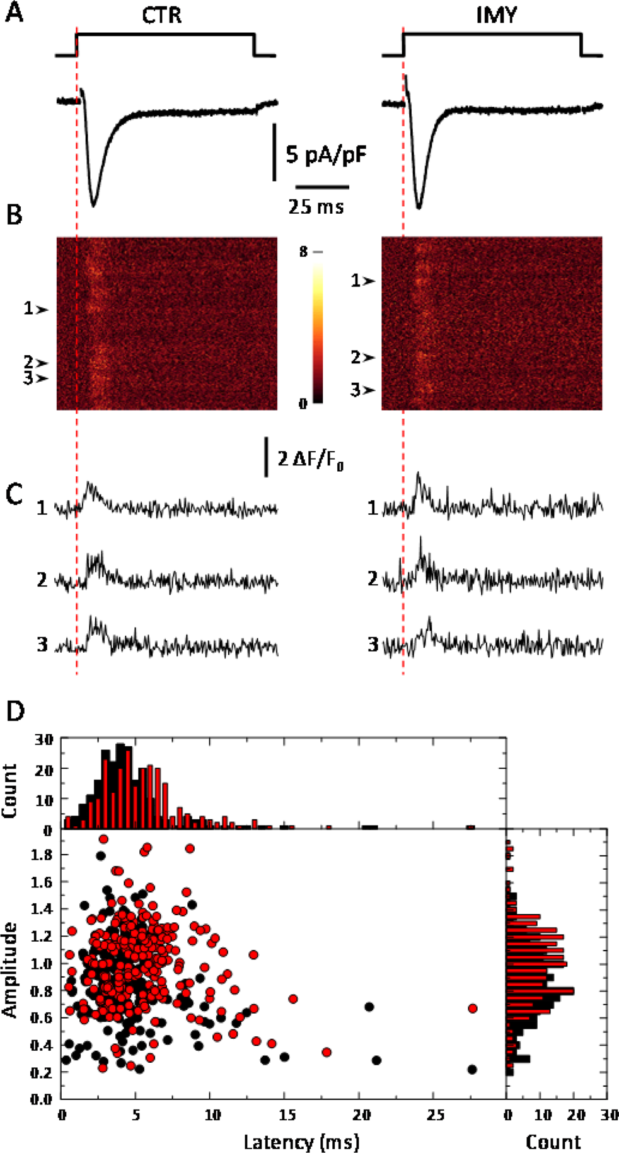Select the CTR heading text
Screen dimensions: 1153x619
[161, 15]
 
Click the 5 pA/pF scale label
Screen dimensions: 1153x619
[326, 154]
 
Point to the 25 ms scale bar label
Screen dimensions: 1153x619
[316, 206]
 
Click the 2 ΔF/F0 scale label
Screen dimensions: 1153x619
[311, 459]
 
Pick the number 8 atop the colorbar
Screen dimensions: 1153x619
[304, 252]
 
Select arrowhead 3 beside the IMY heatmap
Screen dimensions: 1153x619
[370, 390]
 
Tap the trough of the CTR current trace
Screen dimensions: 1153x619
[94, 204]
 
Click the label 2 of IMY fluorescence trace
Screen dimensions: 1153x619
[373, 578]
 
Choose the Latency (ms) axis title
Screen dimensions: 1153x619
[301, 1140]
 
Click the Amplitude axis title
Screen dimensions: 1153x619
[10, 969]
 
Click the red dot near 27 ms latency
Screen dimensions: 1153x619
[473, 1009]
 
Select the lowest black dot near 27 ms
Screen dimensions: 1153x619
[472, 1069]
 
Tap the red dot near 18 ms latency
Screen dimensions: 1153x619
[327, 1052]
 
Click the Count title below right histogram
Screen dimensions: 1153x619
[553, 1141]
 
